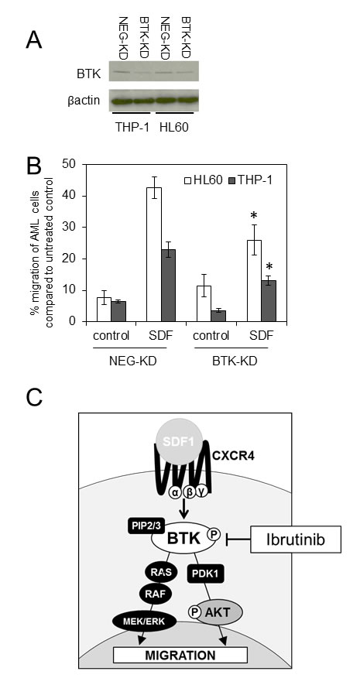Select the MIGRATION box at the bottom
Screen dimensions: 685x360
pos(180,655)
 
